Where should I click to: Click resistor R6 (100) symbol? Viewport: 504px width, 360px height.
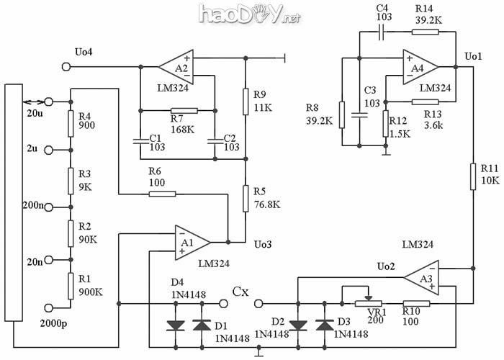coord(162,193)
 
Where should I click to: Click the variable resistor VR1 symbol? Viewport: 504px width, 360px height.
coord(368,303)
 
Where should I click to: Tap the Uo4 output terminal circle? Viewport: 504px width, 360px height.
coord(68,67)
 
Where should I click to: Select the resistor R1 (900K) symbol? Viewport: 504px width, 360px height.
coord(71,285)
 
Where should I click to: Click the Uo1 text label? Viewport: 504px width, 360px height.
coord(473,55)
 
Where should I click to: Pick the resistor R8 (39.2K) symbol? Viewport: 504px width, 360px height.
coord(343,114)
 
